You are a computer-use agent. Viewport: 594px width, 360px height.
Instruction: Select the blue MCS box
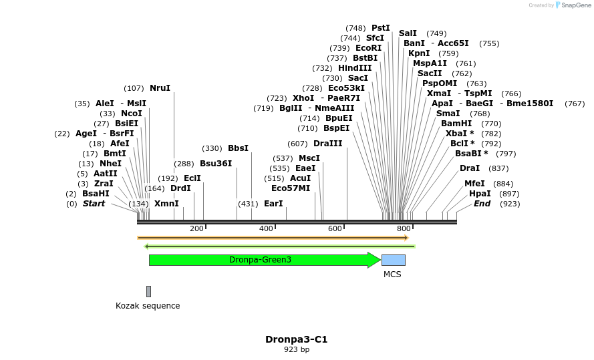[x=393, y=260]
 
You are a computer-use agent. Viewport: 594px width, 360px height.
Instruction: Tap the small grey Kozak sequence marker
[x=148, y=291]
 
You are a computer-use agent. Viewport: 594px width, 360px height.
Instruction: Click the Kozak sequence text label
[x=148, y=306]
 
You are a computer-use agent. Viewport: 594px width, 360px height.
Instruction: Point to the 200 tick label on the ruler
[x=196, y=228]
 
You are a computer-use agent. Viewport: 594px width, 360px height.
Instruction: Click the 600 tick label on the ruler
[x=335, y=228]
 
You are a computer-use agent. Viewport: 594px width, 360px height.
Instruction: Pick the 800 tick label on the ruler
[x=404, y=228]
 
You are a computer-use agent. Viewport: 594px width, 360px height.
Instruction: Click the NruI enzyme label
[x=160, y=88]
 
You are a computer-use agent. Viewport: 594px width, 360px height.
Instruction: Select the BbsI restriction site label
[x=238, y=148]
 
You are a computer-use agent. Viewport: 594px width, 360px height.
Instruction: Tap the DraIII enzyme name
[x=327, y=144]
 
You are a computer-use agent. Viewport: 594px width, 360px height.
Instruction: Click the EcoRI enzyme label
[x=368, y=48]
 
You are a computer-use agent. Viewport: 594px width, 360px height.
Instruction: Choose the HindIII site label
[x=355, y=68]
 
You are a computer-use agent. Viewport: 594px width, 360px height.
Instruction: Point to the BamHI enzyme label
[x=456, y=124]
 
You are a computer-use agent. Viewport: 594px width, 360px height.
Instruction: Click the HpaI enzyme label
[x=480, y=194]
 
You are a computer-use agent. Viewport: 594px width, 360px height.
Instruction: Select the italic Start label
[x=94, y=204]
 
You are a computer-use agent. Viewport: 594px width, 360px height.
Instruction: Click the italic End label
[x=482, y=204]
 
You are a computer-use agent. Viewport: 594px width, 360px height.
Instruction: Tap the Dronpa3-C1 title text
[x=296, y=339]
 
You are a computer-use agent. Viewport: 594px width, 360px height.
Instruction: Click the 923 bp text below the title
[x=297, y=349]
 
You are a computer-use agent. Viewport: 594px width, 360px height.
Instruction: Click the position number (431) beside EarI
[x=248, y=204]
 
